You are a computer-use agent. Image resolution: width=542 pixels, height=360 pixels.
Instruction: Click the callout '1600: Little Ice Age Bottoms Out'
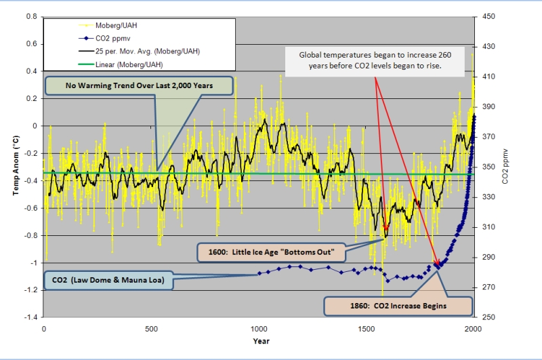(x=272, y=253)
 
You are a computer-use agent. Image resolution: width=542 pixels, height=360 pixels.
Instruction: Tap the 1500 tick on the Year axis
(x=366, y=329)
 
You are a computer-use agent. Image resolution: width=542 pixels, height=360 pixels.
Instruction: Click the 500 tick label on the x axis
(x=151, y=329)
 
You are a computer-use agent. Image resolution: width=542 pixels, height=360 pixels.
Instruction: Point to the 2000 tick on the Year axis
(x=473, y=329)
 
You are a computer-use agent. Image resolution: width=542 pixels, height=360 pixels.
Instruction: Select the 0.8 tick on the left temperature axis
(x=32, y=16)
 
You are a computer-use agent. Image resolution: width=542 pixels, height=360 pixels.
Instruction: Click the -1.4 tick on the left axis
(x=30, y=317)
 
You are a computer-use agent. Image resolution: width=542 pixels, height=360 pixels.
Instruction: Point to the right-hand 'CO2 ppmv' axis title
(x=505, y=167)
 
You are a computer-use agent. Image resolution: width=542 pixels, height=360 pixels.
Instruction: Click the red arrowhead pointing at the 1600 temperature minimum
(x=385, y=230)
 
